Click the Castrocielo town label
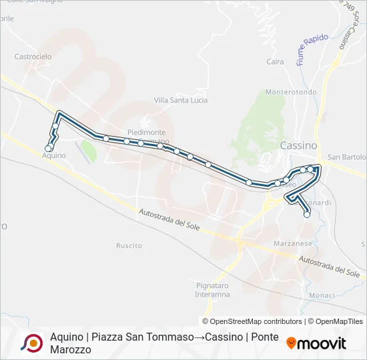click(33, 57)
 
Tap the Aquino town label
click(54, 155)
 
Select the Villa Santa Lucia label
click(181, 100)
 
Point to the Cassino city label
click(298, 145)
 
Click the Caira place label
click(275, 62)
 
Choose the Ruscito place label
click(129, 245)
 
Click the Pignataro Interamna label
click(212, 289)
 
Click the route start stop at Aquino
click(48, 148)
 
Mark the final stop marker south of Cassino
click(307, 214)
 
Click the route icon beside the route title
click(31, 343)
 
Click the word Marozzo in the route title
click(70, 349)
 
